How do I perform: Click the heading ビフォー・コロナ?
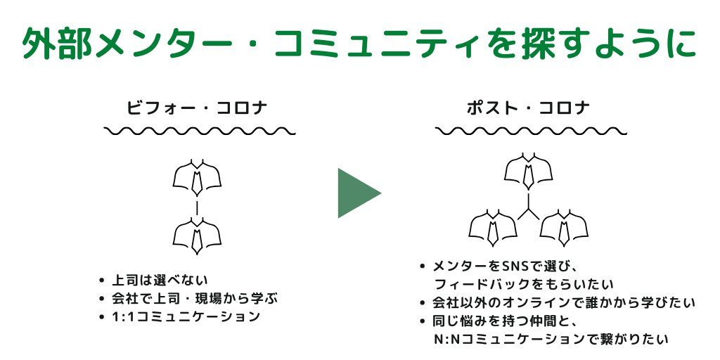click(198, 108)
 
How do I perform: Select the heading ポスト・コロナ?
click(529, 108)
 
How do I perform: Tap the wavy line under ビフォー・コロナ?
click(200, 131)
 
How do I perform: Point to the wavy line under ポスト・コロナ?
click(532, 131)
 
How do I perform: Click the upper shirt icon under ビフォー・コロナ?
click(197, 176)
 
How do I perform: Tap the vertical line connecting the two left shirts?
click(197, 207)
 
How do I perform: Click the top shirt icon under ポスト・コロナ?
click(529, 172)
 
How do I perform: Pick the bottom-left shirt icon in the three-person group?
click(493, 228)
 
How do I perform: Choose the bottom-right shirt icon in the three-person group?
click(565, 228)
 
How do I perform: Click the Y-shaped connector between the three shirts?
click(529, 208)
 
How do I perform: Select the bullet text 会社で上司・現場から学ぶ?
click(195, 298)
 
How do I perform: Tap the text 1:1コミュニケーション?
click(186, 317)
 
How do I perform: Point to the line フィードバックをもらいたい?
click(523, 285)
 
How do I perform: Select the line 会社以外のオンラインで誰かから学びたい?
click(564, 303)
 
